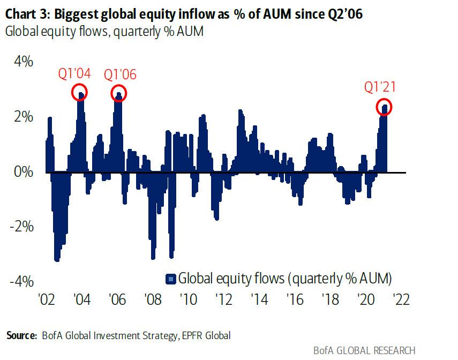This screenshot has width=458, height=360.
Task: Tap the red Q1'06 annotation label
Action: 119,74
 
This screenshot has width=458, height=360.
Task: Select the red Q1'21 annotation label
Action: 380,87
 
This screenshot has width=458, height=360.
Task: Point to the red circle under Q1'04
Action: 80,93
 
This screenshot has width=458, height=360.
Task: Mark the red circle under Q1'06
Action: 119,93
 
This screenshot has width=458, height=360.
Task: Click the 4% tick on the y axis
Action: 22,62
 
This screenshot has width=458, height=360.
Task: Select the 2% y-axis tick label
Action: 22,117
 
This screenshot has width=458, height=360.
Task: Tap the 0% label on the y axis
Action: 22,172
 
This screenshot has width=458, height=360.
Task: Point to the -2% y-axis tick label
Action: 20,227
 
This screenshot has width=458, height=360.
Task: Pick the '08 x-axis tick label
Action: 151,299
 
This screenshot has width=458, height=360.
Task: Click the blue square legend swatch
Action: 171,278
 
